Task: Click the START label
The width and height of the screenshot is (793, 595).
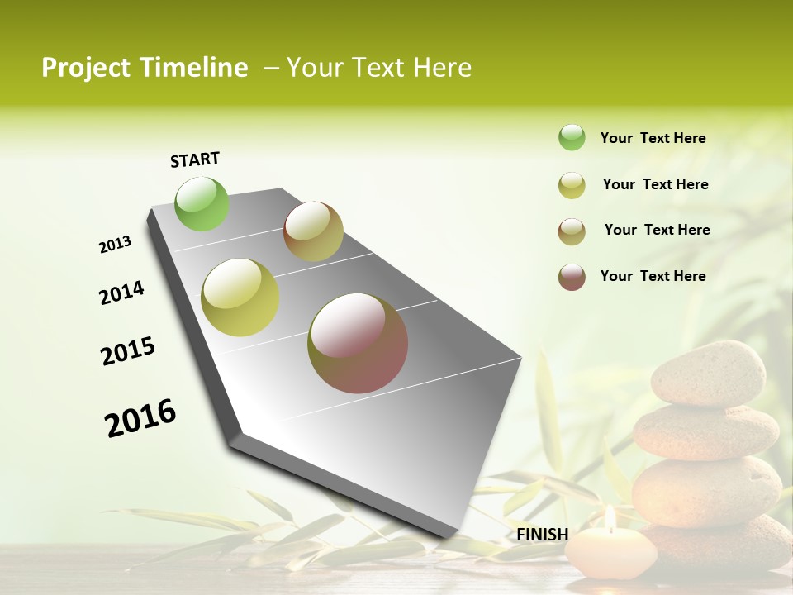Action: [x=195, y=159]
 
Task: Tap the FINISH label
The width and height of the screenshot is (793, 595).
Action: [x=542, y=535]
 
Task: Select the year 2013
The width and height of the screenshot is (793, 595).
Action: [x=116, y=245]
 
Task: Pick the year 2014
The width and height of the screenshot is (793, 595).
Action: [x=121, y=293]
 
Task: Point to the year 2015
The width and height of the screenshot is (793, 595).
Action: [x=128, y=351]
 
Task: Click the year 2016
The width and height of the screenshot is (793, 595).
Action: [x=140, y=418]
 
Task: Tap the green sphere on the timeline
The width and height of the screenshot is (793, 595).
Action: [x=202, y=203]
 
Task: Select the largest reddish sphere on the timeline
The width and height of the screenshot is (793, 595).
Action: [x=358, y=343]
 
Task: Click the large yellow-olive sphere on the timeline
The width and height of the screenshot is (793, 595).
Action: [x=240, y=297]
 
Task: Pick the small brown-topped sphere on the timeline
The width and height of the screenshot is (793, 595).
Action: [x=313, y=231]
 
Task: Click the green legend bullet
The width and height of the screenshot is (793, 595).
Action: [x=572, y=138]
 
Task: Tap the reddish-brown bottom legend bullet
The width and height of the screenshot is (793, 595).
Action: [x=572, y=277]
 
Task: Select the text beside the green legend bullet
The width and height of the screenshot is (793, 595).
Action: [x=653, y=138]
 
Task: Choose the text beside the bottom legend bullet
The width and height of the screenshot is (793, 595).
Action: [x=653, y=276]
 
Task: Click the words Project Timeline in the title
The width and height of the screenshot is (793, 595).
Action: [x=145, y=68]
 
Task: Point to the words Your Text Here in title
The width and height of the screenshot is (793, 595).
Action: [x=379, y=68]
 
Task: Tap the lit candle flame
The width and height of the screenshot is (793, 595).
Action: [x=610, y=518]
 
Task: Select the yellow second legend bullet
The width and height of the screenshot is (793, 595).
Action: [x=572, y=185]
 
